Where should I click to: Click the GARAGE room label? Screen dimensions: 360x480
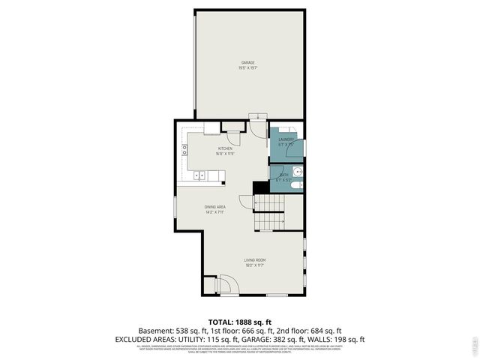point(247,62)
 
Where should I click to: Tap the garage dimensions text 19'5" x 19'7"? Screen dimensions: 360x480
point(247,68)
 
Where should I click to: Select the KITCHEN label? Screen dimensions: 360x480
point(226,148)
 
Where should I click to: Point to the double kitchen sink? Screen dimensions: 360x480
point(201,176)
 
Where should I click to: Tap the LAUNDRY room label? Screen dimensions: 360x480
point(286,139)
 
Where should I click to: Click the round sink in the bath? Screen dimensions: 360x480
point(298,172)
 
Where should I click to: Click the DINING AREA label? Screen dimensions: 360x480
point(215,207)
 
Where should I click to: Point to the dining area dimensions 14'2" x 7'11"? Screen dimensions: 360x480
point(215,213)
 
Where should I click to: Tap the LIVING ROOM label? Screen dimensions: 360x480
point(254,260)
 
